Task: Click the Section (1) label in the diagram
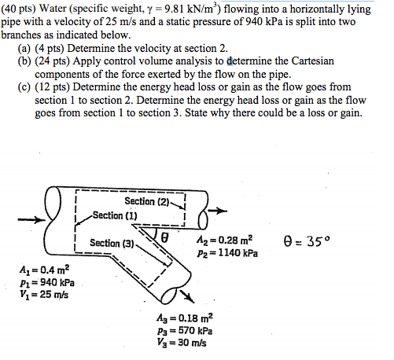click(x=115, y=215)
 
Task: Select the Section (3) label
click(x=111, y=243)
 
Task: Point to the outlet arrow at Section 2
click(x=221, y=211)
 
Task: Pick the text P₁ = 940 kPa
click(x=46, y=283)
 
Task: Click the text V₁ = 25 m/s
click(x=43, y=295)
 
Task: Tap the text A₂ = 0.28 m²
click(x=223, y=240)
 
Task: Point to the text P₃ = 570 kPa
click(x=183, y=332)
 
